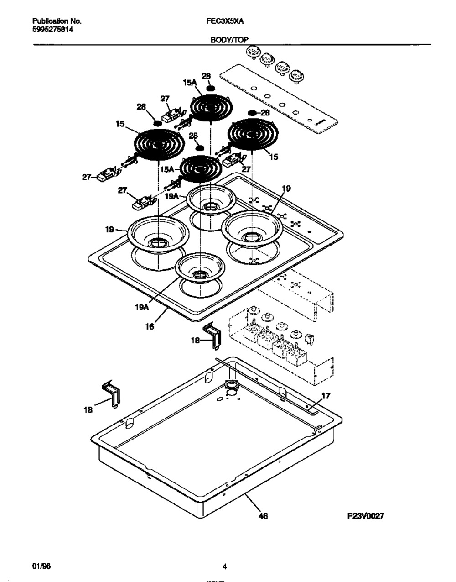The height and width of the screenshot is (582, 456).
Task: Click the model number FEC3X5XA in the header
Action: pos(225,21)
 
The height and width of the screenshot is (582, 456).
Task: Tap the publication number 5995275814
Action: pos(53,30)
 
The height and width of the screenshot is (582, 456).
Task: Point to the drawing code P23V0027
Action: pos(366,515)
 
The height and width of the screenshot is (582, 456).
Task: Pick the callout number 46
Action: pos(263,515)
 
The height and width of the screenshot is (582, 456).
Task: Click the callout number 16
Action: pos(150,326)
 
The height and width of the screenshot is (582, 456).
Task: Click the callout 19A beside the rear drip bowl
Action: pos(172,196)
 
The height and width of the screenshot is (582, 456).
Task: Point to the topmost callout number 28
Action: pos(206,76)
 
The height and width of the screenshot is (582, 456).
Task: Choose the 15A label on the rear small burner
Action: pos(190,83)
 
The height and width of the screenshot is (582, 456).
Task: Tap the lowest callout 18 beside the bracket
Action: pos(88,410)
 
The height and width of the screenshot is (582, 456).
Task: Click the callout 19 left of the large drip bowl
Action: pos(109,230)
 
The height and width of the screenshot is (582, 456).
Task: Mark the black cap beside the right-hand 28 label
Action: pos(253,113)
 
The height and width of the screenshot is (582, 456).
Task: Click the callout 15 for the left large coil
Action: pos(120,124)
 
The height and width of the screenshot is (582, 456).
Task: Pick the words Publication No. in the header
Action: pos(57,21)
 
